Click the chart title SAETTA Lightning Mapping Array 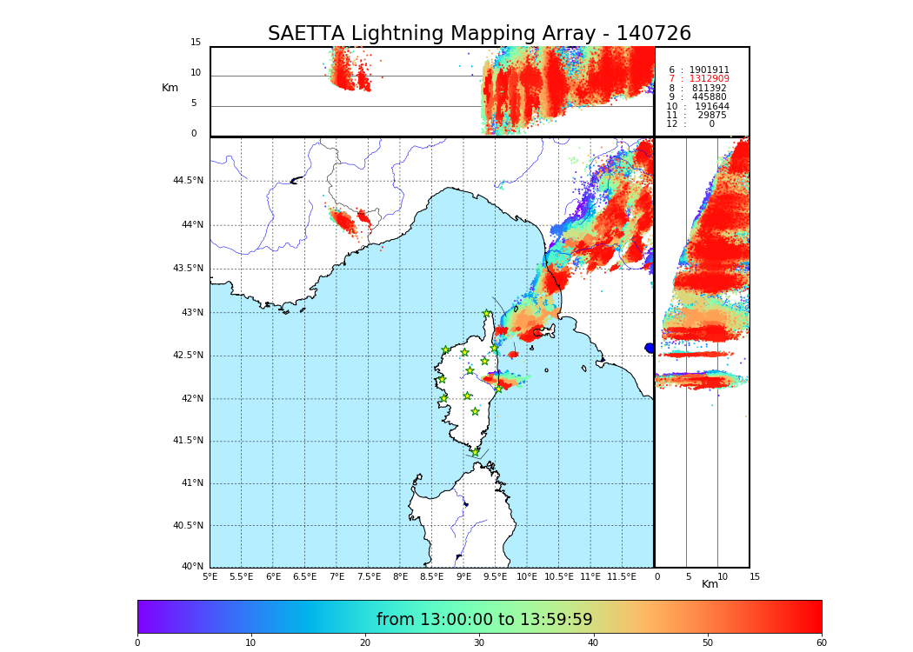click(x=479, y=34)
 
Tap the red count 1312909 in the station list click(x=709, y=79)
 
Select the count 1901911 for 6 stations click(x=709, y=70)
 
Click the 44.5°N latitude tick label click(x=188, y=181)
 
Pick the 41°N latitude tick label click(x=190, y=483)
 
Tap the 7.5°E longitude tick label click(x=369, y=577)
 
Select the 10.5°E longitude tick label click(x=558, y=577)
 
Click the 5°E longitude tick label click(x=210, y=577)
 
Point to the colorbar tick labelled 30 click(x=479, y=643)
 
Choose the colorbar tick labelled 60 click(x=821, y=643)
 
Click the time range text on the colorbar click(x=484, y=620)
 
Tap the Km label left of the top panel click(x=170, y=88)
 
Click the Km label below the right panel click(x=710, y=584)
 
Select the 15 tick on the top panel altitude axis click(x=196, y=43)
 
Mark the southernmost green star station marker click(x=475, y=452)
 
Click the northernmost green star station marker click(x=487, y=314)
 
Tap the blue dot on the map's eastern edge click(x=650, y=348)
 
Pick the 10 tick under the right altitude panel click(x=723, y=577)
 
